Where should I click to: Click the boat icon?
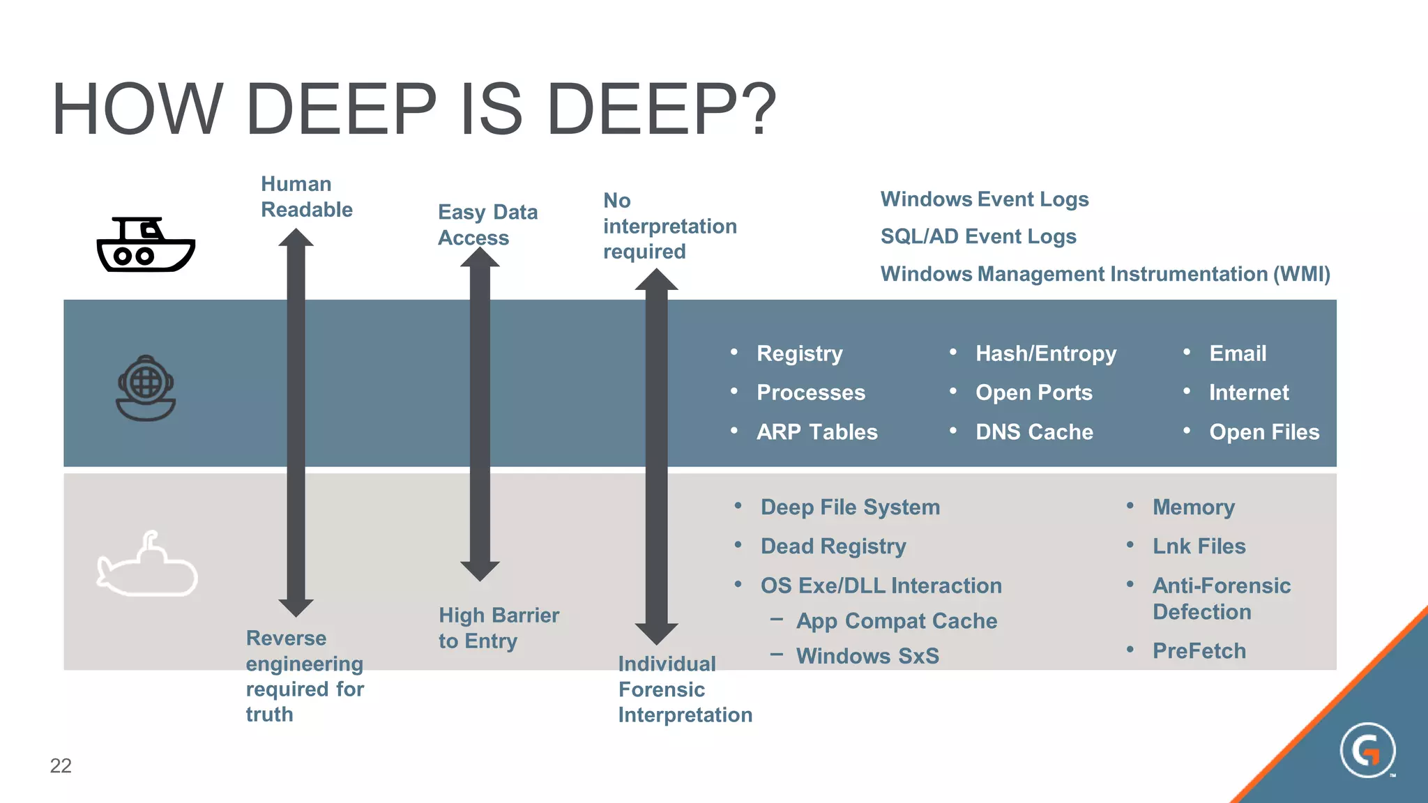pyautogui.click(x=146, y=245)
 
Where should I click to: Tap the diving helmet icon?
pyautogui.click(x=146, y=388)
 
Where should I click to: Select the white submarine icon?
pyautogui.click(x=147, y=566)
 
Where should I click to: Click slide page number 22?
pyautogui.click(x=61, y=765)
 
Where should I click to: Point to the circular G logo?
pyautogui.click(x=1367, y=750)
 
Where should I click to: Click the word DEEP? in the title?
pyautogui.click(x=661, y=110)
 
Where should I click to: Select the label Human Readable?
pyautogui.click(x=306, y=197)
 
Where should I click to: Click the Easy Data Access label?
pyautogui.click(x=487, y=224)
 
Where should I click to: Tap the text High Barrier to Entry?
pyautogui.click(x=498, y=627)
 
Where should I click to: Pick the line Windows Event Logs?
pyautogui.click(x=984, y=199)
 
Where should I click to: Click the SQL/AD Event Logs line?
pyautogui.click(x=978, y=237)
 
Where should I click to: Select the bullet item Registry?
pyautogui.click(x=799, y=353)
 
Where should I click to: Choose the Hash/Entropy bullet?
pyautogui.click(x=1045, y=353)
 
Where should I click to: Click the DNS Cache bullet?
pyautogui.click(x=1033, y=432)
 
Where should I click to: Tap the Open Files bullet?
pyautogui.click(x=1263, y=432)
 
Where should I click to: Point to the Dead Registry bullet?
pyautogui.click(x=833, y=546)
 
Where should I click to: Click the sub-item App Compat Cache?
pyautogui.click(x=896, y=621)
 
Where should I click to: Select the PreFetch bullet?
pyautogui.click(x=1199, y=651)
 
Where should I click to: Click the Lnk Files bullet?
pyautogui.click(x=1198, y=546)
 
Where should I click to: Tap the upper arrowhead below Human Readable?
pyautogui.click(x=296, y=238)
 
